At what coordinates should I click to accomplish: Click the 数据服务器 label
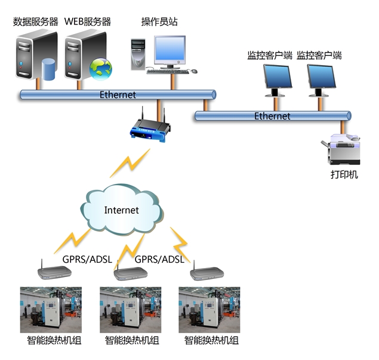pos(36,22)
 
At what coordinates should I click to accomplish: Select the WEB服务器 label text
pos(88,22)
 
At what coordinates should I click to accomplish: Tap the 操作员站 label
pos(159,22)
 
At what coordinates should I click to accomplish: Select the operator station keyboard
pos(168,71)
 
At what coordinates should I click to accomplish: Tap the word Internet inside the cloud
pos(121,210)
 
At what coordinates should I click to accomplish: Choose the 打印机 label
pos(344,176)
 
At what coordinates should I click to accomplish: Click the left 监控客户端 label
pos(270,56)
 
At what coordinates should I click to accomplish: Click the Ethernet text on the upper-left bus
pos(118,94)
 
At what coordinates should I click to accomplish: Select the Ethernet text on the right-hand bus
pos(272,116)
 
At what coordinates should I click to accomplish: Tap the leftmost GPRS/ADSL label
pos(83,259)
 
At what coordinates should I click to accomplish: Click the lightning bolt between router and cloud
pos(128,164)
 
